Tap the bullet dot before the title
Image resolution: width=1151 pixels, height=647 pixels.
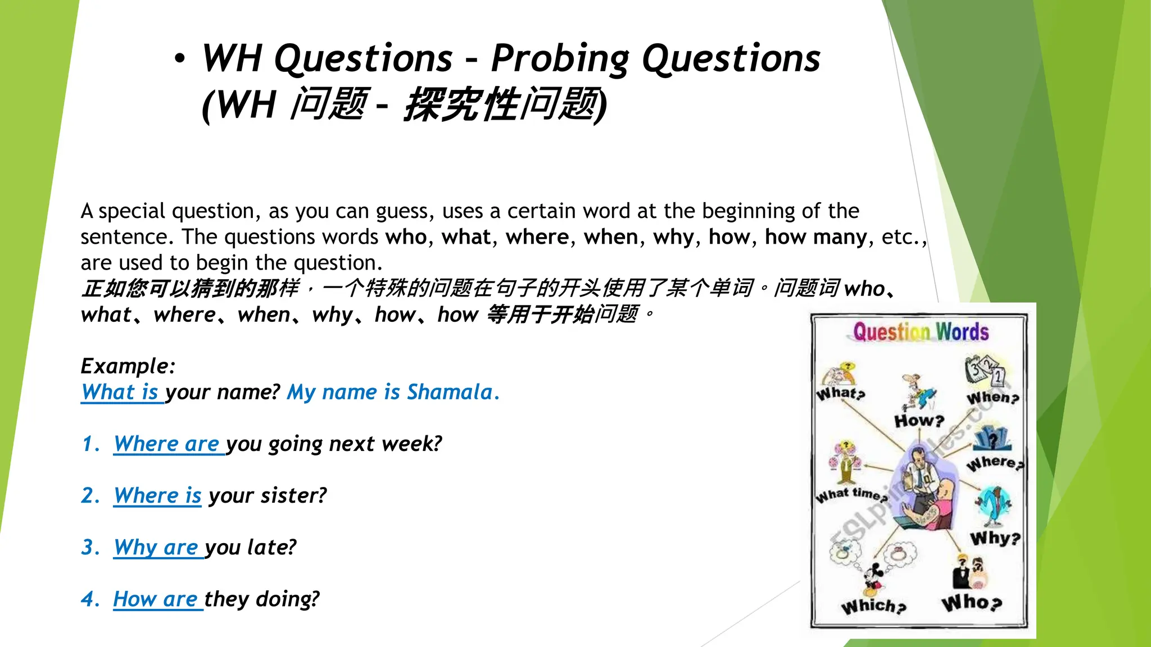[x=179, y=58]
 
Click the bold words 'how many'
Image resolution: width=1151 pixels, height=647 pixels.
[x=815, y=237]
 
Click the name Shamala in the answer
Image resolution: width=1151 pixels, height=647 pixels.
[x=450, y=392]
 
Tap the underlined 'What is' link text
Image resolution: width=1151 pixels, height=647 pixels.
[x=120, y=392]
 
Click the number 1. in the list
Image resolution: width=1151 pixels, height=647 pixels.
[x=90, y=444]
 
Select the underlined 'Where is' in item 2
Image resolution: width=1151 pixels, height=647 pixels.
[x=157, y=496]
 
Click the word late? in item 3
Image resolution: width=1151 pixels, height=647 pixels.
[x=271, y=548]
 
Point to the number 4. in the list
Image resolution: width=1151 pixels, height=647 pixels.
[x=90, y=599]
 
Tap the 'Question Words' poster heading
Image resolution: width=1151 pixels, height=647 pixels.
[x=921, y=332]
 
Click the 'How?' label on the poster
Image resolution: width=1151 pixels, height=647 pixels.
[x=919, y=420]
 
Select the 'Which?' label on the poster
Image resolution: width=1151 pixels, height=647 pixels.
[x=873, y=606]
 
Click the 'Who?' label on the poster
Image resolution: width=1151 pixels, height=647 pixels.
[x=972, y=603]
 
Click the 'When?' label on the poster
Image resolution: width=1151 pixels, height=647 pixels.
[x=993, y=398]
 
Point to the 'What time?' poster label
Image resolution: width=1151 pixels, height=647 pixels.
[x=851, y=495]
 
